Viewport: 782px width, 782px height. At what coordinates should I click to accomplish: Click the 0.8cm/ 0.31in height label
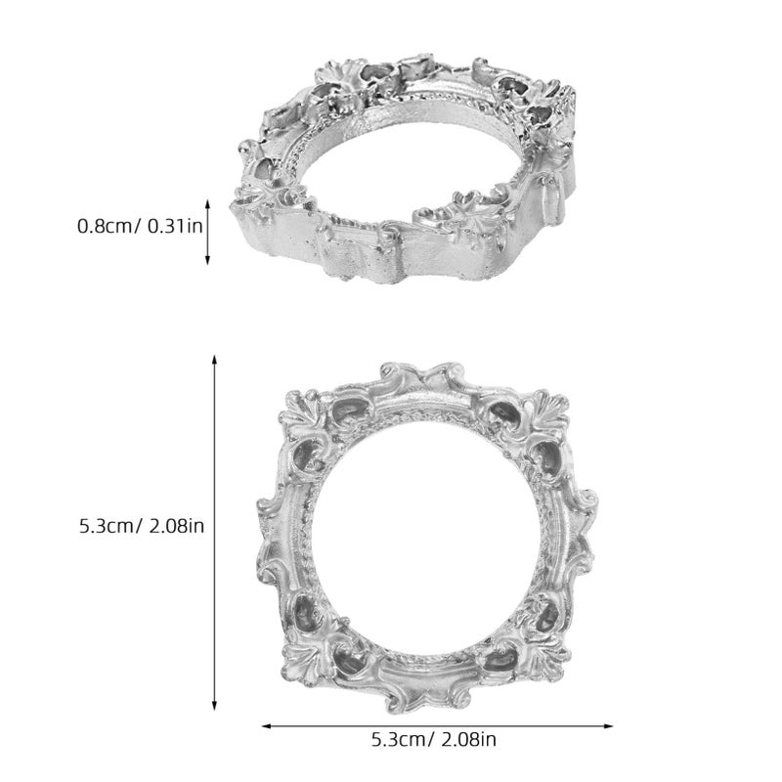(x=140, y=227)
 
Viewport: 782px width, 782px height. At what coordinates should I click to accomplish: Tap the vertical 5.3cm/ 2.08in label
(x=142, y=526)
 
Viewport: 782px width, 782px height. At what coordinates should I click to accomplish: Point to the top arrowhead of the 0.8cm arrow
(x=208, y=203)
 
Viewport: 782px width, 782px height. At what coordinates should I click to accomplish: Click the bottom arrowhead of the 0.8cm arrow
(x=208, y=260)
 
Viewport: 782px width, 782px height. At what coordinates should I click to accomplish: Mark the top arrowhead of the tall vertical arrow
(x=214, y=360)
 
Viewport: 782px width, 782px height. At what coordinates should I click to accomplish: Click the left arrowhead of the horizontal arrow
(x=266, y=726)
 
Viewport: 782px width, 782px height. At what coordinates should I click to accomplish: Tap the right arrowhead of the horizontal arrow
(x=608, y=726)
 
